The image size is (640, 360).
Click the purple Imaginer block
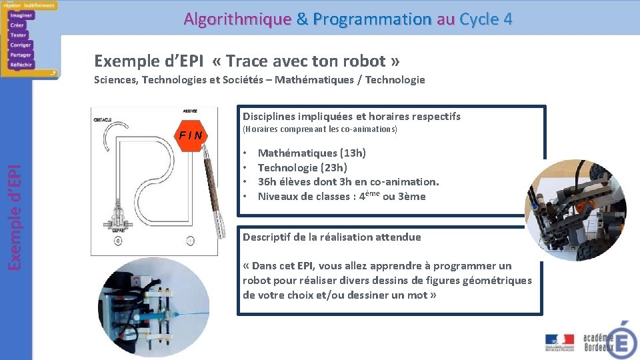[x=21, y=15]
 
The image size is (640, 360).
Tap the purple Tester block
[x=18, y=35]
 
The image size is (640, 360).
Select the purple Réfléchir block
[x=21, y=65]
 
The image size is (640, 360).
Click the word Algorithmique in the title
[x=237, y=19]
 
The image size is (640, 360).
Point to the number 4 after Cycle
[x=508, y=19]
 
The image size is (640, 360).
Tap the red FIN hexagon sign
[x=193, y=136]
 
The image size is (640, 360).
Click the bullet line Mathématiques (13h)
[x=311, y=153]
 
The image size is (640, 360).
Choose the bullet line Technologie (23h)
[x=302, y=168]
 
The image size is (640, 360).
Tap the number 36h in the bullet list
[x=267, y=182]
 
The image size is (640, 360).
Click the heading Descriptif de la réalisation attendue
[x=331, y=237]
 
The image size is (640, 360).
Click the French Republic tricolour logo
[x=559, y=339]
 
